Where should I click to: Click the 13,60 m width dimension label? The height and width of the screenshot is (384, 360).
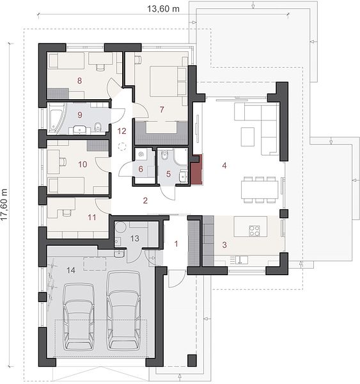pyautogui.click(x=163, y=9)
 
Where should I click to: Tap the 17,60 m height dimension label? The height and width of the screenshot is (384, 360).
pyautogui.click(x=4, y=205)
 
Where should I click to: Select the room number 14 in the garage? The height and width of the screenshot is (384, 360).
pyautogui.click(x=71, y=270)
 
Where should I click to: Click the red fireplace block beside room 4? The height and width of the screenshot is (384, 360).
pyautogui.click(x=197, y=170)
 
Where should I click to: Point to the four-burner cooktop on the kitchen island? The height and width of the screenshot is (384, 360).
pyautogui.click(x=254, y=230)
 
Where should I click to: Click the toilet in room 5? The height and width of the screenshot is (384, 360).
pyautogui.click(x=164, y=155)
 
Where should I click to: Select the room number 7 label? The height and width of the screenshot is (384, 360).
pyautogui.click(x=162, y=109)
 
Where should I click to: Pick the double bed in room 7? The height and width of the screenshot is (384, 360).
pyautogui.click(x=169, y=81)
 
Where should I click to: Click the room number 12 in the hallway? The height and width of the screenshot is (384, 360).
pyautogui.click(x=121, y=131)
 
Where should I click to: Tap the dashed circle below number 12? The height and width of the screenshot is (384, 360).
pyautogui.click(x=122, y=147)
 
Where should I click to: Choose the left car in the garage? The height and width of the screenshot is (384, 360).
pyautogui.click(x=79, y=317)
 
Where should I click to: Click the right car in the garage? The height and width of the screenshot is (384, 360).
pyautogui.click(x=124, y=310)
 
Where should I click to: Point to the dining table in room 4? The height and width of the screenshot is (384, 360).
pyautogui.click(x=260, y=190)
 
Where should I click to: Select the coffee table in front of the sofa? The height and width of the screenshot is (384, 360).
pyautogui.click(x=247, y=137)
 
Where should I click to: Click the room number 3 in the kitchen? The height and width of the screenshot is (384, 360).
pyautogui.click(x=224, y=244)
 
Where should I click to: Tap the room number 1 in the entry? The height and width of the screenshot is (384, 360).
pyautogui.click(x=176, y=244)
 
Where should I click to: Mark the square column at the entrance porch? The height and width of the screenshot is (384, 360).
pyautogui.click(x=192, y=360)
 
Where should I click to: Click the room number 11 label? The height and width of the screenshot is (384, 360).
pyautogui.click(x=92, y=217)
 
